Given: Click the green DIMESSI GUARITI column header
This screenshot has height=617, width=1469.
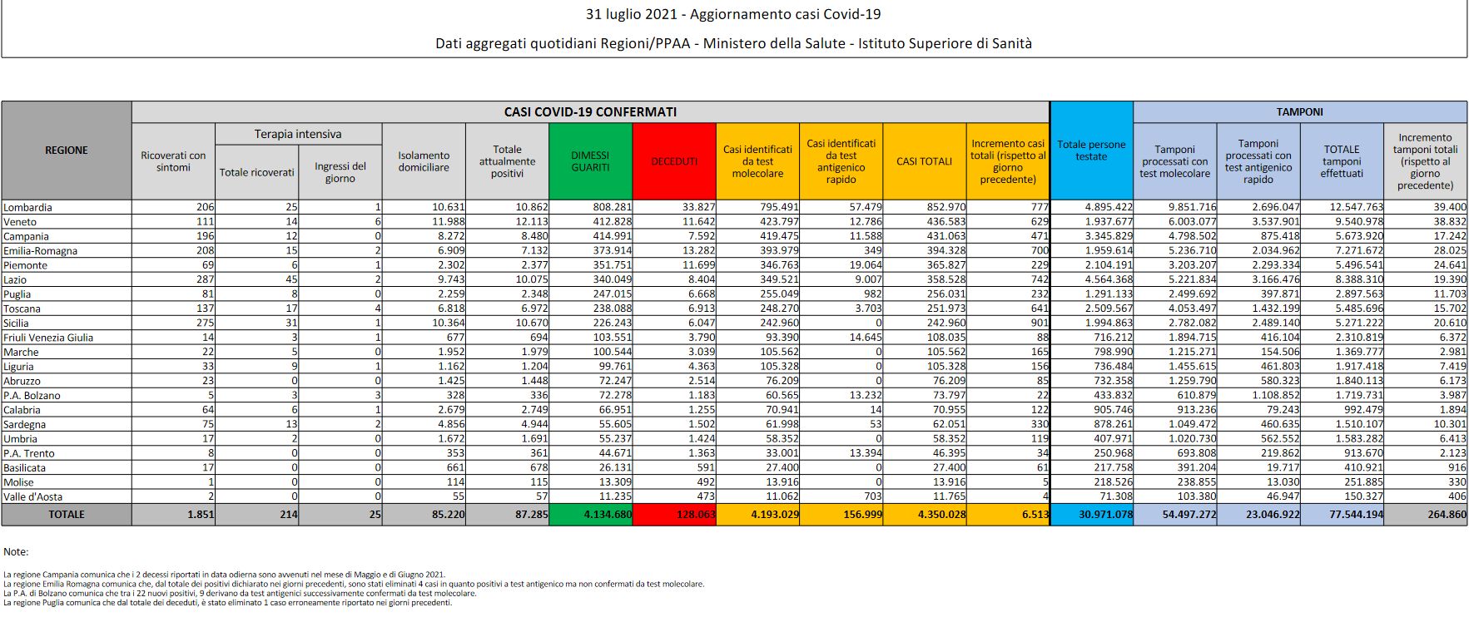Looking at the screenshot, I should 590,161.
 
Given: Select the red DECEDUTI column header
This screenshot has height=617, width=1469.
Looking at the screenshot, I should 674,161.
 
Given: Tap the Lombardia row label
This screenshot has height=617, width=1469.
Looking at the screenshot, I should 28,207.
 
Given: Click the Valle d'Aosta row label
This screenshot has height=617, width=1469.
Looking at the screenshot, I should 32,496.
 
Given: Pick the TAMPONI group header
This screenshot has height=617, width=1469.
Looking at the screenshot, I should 1299,111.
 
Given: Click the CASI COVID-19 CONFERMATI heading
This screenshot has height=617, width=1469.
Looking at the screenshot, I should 590,111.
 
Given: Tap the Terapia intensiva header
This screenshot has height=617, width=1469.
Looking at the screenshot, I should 298,134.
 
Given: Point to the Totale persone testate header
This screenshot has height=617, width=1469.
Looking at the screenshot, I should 1091,150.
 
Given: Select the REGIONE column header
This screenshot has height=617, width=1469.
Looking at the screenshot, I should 67,150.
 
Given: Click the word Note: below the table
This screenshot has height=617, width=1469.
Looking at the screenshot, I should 16,552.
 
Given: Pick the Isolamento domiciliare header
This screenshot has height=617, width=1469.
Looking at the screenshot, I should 424,161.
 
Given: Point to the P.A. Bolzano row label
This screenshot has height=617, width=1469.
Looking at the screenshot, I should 32,395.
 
